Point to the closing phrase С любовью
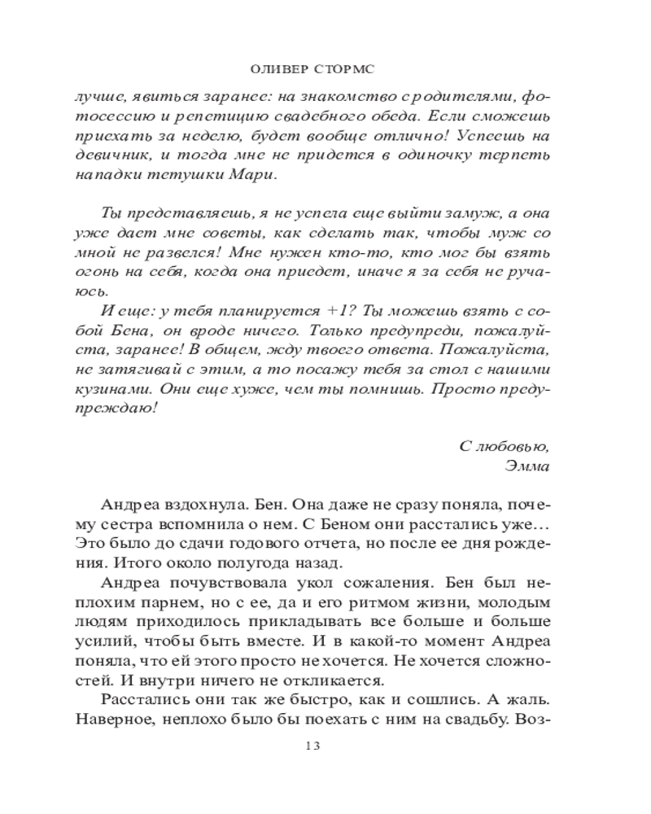[505, 446]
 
